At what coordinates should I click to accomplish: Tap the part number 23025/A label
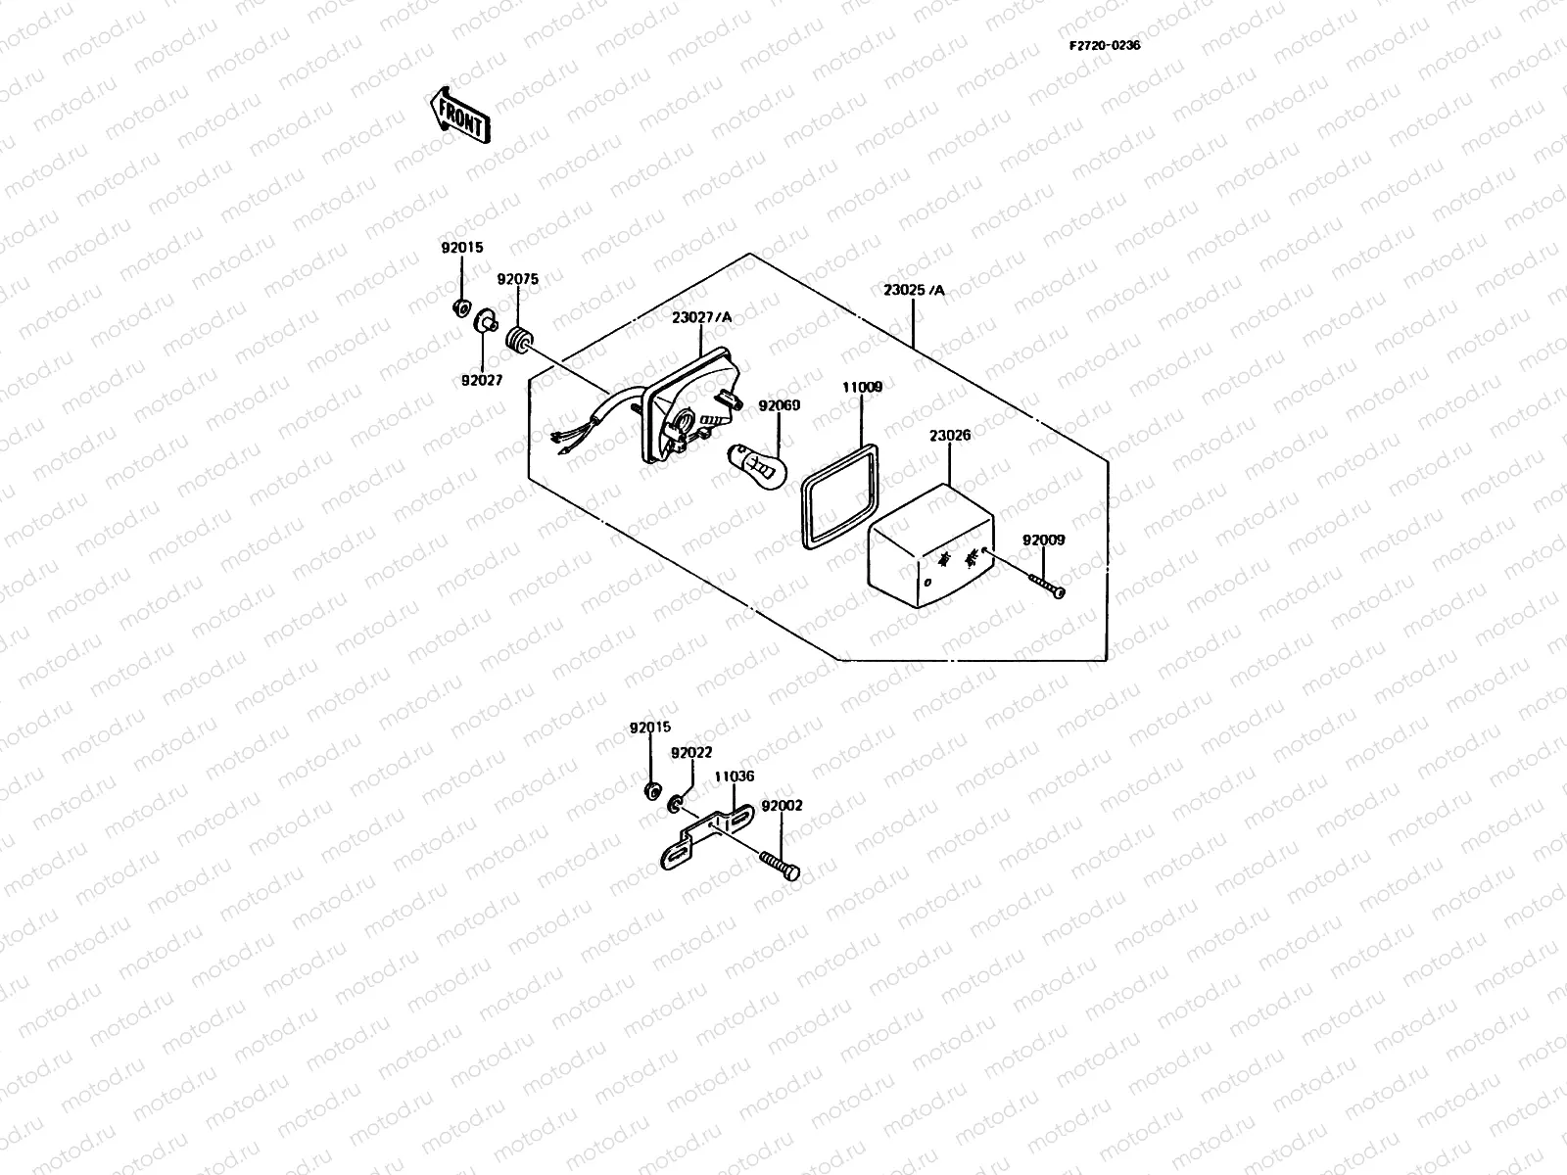914,290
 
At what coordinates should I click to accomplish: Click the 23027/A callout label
701,317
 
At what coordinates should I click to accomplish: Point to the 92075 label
517,279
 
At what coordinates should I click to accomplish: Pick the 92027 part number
483,380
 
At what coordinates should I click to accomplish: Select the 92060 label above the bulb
779,404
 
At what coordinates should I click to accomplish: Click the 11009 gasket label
862,388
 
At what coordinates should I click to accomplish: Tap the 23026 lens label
950,435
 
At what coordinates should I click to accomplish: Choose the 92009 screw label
1043,540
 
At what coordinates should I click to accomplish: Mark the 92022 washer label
691,753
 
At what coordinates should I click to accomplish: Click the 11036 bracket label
734,776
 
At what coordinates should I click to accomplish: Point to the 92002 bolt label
782,806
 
